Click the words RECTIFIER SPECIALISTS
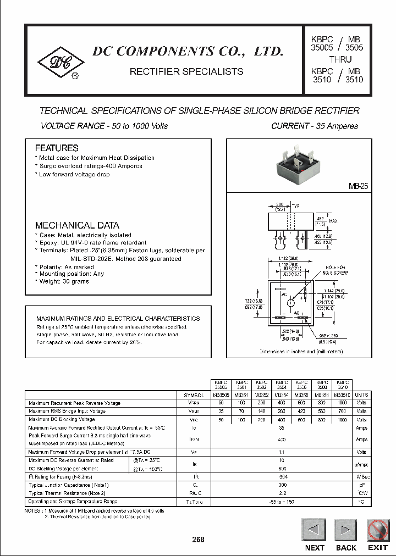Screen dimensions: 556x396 pos(186,71)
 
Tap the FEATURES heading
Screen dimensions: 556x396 pos(57,148)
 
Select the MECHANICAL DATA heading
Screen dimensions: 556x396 pos(77,225)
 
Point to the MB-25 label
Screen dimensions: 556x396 pos(358,187)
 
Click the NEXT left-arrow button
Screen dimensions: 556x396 pos(315,530)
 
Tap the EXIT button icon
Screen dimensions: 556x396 pos(378,530)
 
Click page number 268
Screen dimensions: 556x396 pos(198,540)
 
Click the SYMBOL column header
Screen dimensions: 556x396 pos(194,395)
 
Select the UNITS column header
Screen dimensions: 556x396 pos(361,395)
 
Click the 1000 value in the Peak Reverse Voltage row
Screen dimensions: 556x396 pos(343,403)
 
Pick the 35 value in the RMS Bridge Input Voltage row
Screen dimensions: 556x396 pos(221,411)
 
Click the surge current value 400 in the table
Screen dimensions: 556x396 pos(282,440)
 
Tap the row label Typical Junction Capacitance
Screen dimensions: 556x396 pos(69,485)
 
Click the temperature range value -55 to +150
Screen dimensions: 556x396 pos(282,502)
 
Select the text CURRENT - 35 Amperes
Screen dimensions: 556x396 pos(315,126)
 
